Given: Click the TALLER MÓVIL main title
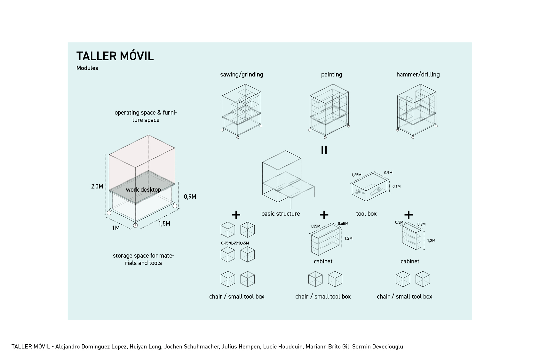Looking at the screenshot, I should pos(115,56).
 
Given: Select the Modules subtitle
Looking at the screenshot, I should pos(87,68).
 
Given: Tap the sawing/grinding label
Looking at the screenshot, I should pos(242,74).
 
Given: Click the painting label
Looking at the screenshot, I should pos(331,74).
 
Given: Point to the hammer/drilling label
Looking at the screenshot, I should pos(418,74).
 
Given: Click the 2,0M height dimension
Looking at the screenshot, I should pos(97,186).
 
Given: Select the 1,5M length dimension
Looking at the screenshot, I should pos(164,223).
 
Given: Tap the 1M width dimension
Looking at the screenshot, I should pos(115,228).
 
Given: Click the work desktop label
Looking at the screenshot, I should pos(143,189).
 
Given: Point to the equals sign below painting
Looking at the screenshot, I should pos(324,150).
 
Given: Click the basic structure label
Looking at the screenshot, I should pos(281,213).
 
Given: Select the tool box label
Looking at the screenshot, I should pos(366,213).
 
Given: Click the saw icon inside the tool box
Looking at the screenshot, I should pos(376,191).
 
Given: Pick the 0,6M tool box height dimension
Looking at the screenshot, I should pos(396,186).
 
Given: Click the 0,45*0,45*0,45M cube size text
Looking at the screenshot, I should pos(235,243).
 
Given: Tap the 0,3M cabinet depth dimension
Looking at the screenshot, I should pos(399,222).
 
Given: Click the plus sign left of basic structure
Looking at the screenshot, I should pos(236,214).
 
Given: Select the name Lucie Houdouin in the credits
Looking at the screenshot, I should pos(283,346).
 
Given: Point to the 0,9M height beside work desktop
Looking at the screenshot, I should pos(190,196).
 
